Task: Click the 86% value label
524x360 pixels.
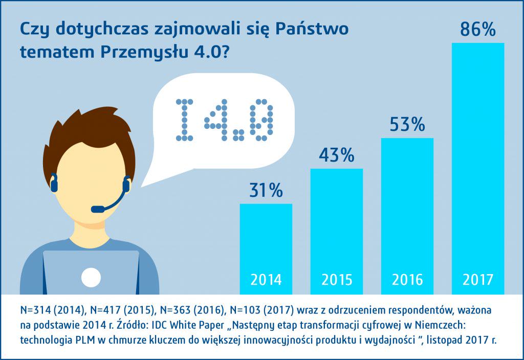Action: (478, 29)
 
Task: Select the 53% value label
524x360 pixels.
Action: (407, 125)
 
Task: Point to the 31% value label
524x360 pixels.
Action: (266, 191)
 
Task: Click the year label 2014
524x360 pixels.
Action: (266, 280)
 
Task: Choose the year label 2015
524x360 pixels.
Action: (337, 280)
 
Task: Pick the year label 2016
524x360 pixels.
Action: (407, 280)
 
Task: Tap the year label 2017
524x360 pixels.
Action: (478, 280)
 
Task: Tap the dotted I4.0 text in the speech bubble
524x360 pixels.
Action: (224, 121)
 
